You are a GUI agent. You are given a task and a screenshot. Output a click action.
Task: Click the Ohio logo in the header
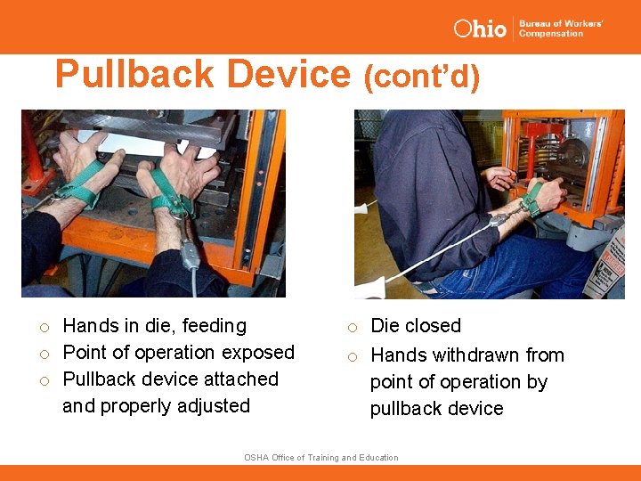click(x=480, y=28)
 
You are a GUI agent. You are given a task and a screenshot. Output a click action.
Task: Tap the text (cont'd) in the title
click(x=421, y=77)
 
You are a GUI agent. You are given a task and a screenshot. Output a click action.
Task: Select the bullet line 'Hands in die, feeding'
click(x=154, y=326)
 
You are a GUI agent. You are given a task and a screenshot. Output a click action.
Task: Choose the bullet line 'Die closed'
click(x=415, y=326)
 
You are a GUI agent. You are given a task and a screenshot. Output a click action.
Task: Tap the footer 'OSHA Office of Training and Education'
click(x=320, y=458)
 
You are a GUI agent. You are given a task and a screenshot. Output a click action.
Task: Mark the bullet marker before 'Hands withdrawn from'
click(x=353, y=356)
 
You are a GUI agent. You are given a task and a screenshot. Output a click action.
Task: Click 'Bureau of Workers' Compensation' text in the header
click(x=561, y=29)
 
